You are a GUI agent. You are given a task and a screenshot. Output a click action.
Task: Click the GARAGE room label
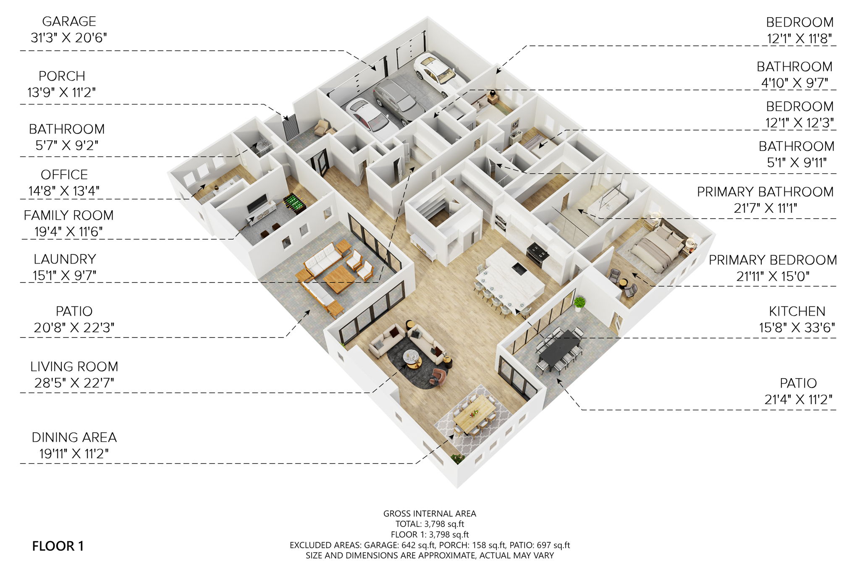click(69, 21)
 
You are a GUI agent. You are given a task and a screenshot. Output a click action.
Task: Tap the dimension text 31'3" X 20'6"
click(69, 38)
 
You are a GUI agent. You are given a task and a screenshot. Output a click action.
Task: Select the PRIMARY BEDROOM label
click(772, 260)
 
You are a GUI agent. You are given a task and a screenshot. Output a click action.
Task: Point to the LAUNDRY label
click(65, 259)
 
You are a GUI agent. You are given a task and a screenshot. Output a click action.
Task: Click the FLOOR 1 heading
click(58, 546)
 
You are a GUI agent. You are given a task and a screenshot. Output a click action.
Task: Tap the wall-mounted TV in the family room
click(256, 204)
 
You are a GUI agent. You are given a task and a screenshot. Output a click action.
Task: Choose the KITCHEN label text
click(797, 311)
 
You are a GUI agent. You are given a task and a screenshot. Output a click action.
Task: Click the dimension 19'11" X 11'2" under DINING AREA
click(74, 454)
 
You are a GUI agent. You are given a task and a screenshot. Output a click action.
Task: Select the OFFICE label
click(64, 175)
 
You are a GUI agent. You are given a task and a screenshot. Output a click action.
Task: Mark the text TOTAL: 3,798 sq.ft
click(430, 524)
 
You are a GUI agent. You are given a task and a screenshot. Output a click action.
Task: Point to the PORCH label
click(62, 76)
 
